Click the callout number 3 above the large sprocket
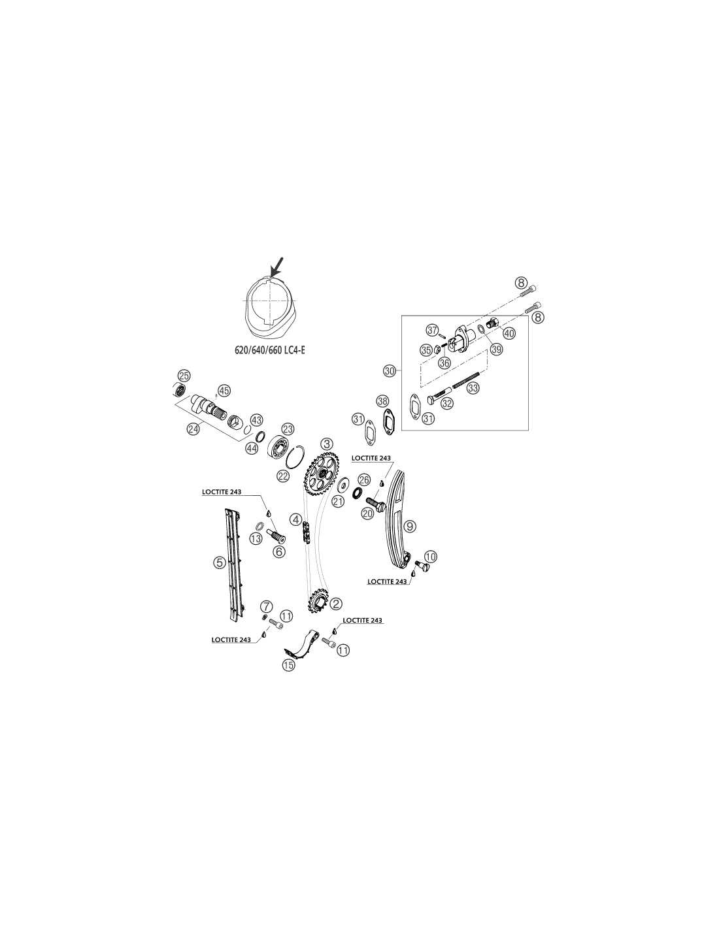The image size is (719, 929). (327, 443)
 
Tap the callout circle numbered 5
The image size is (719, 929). (220, 562)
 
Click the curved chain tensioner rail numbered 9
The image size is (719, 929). (397, 519)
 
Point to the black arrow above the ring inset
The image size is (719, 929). (276, 266)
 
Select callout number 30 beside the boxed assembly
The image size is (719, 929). (389, 371)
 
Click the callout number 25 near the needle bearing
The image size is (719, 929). (184, 376)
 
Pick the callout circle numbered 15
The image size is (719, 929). (289, 665)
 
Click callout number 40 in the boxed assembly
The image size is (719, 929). (509, 333)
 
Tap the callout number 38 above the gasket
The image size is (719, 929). (382, 401)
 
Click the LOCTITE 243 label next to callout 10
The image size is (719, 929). (387, 581)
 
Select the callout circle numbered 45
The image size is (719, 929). (224, 390)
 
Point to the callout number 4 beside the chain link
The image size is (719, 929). (295, 520)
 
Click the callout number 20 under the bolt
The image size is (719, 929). (367, 513)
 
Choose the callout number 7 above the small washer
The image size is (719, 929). (266, 606)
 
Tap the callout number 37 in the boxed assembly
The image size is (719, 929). (432, 330)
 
